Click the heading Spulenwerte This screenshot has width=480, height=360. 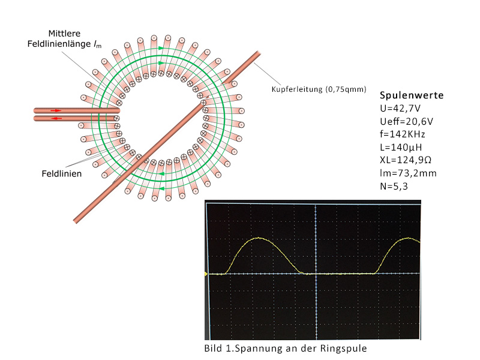(x=412, y=95)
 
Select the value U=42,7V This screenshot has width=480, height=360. (x=400, y=109)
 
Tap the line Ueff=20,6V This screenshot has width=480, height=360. (x=407, y=122)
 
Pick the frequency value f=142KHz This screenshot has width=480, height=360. (x=403, y=134)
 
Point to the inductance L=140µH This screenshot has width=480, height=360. (x=401, y=147)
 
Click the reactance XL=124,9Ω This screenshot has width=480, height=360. (x=406, y=160)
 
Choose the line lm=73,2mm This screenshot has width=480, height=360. (x=408, y=173)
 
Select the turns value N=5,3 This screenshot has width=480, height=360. (x=394, y=186)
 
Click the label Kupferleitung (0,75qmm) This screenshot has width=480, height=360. (x=319, y=89)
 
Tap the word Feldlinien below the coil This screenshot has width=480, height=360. (x=62, y=173)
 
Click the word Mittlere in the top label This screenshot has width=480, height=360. (x=64, y=34)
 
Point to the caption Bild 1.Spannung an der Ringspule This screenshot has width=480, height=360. (x=286, y=349)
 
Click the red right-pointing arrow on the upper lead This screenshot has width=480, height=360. (x=56, y=110)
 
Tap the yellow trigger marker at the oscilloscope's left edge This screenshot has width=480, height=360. (x=206, y=274)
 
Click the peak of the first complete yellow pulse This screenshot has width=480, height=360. (x=259, y=238)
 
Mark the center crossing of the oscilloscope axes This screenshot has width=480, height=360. (x=316, y=274)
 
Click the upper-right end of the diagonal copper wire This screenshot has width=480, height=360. (x=259, y=53)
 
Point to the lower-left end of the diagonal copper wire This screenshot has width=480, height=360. (x=75, y=221)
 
